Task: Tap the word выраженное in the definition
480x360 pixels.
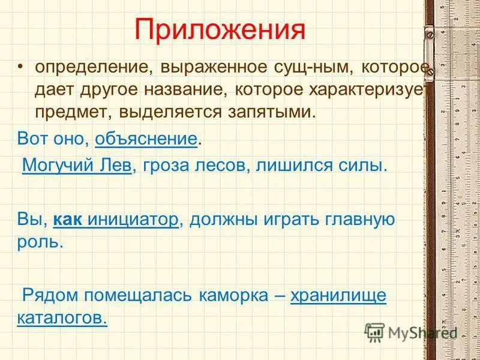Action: (x=205, y=67)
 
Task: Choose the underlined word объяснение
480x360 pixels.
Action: (x=146, y=140)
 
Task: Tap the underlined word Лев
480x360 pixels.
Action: (x=115, y=166)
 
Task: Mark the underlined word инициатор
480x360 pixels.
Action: (x=133, y=220)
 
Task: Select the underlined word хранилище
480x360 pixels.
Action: (x=338, y=295)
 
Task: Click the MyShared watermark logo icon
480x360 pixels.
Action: (x=374, y=332)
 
